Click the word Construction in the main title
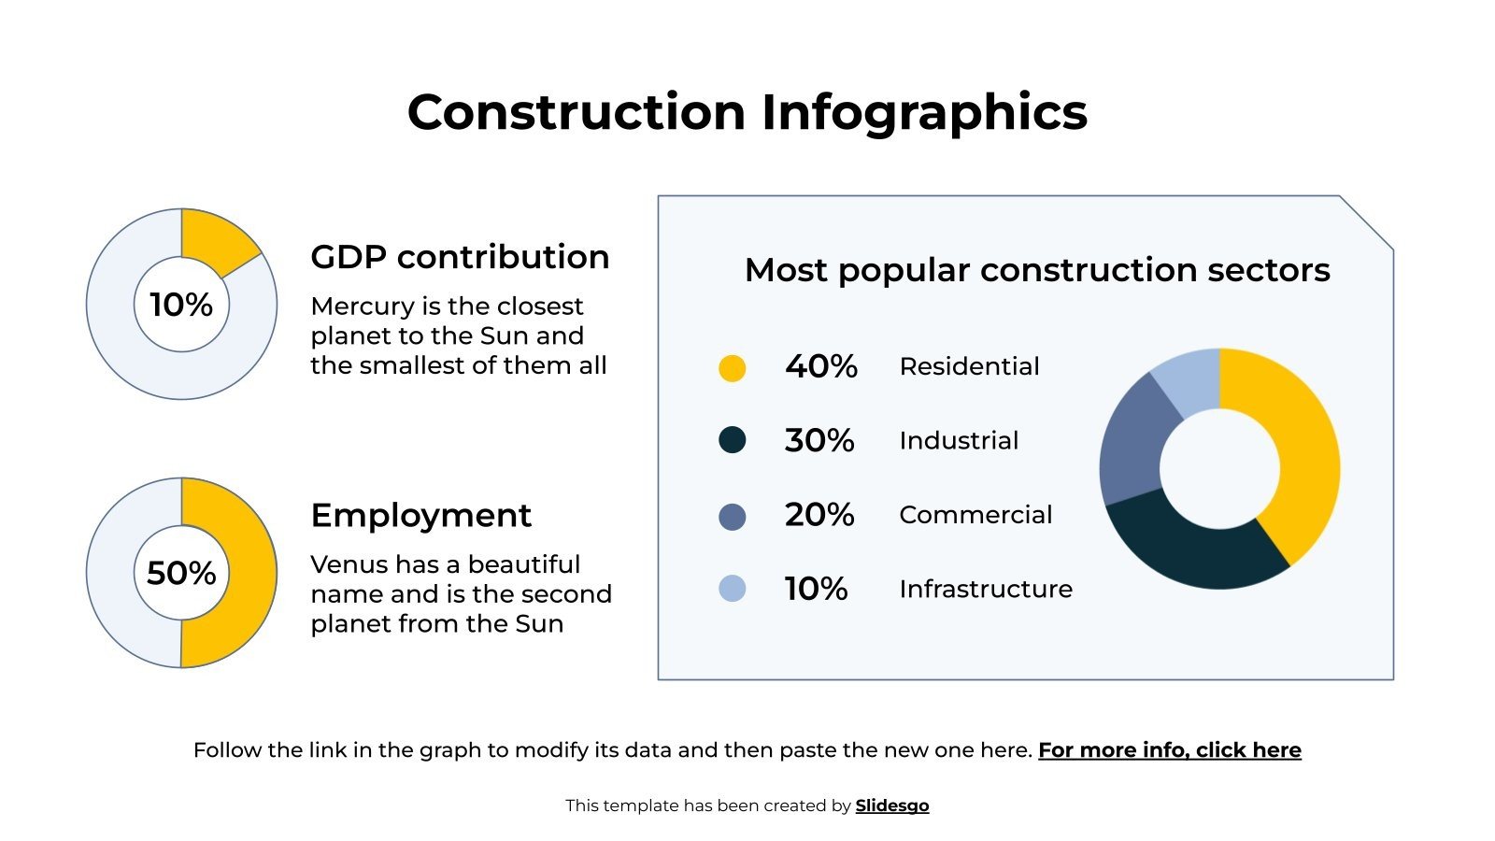tap(576, 112)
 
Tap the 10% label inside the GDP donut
tap(181, 305)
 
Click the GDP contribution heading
tap(460, 257)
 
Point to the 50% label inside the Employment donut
tap(181, 573)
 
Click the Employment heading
tap(420, 515)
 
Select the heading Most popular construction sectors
tap(1036, 270)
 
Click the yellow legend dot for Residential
tap(732, 367)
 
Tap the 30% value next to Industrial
tap(819, 440)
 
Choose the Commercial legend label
tap(975, 515)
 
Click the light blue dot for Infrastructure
tap(732, 589)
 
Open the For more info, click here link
tap(1169, 750)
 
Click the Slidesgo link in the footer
tap(891, 805)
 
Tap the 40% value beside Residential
tap(820, 366)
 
